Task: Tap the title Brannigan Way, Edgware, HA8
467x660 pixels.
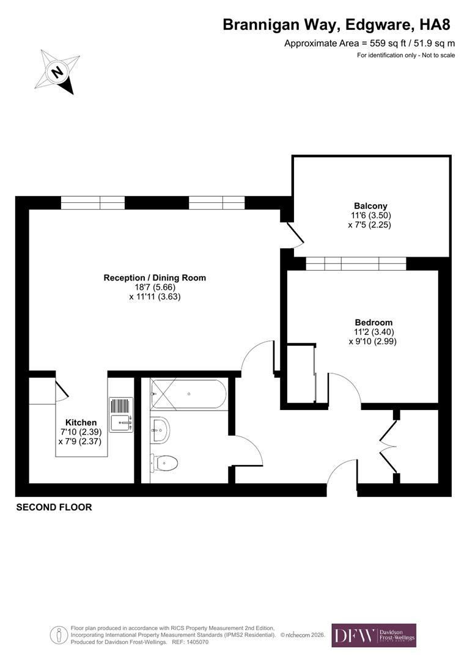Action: (336, 24)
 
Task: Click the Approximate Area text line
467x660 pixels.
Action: (369, 43)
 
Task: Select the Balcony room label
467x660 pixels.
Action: (370, 206)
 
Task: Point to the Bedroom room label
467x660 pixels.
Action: (373, 323)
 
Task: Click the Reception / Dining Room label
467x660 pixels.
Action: (155, 277)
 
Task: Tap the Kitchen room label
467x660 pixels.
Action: (81, 422)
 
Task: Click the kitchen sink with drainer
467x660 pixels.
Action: (121, 414)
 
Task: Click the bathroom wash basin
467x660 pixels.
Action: (160, 430)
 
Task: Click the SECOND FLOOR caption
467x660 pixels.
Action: (54, 507)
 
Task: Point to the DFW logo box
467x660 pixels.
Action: (373, 635)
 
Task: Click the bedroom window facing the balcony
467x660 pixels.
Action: (356, 263)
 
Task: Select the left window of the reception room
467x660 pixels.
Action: (93, 203)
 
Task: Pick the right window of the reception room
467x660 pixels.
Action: (216, 203)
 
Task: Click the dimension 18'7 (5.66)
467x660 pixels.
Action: (155, 287)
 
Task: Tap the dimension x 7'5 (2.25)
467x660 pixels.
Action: (370, 225)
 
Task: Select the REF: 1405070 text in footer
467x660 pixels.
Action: (191, 642)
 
